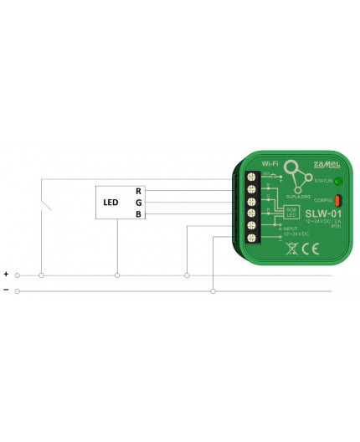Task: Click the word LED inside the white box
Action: pos(111,203)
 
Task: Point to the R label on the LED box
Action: pos(138,191)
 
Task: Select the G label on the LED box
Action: pos(138,203)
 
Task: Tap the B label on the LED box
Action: pos(138,214)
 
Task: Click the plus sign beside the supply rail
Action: pos(7,274)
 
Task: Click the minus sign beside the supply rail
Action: pos(7,290)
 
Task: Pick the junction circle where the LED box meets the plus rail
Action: pos(117,275)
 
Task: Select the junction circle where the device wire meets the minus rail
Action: pos(213,291)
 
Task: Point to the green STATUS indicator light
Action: pos(338,181)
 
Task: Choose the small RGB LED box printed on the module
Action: pos(291,212)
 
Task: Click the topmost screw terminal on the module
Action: pos(250,177)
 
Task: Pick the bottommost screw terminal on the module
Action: pos(250,239)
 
